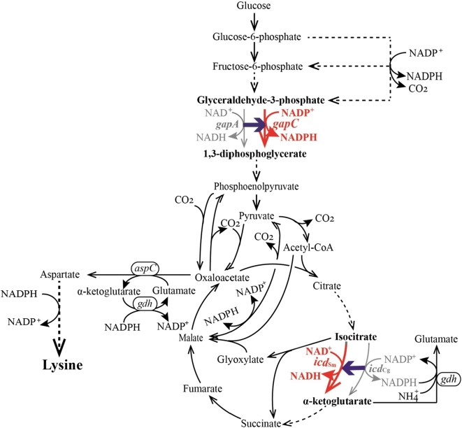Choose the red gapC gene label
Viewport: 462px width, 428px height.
click(291, 124)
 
